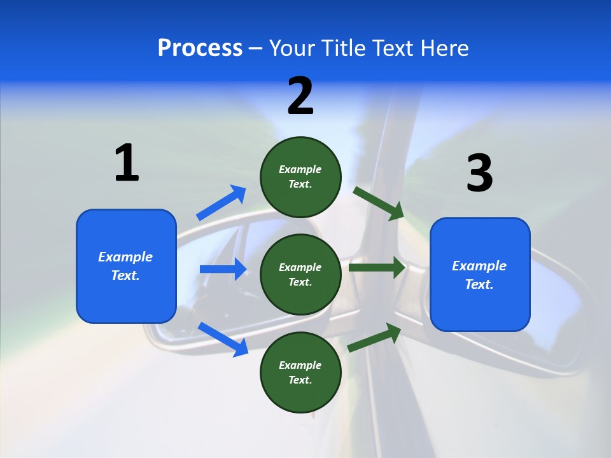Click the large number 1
127,163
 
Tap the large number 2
300,96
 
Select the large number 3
480,173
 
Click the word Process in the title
200,48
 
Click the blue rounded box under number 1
126,266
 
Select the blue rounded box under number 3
480,274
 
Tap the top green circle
300,176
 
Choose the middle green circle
300,274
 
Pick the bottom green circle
300,372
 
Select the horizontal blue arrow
223,269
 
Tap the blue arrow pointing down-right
223,339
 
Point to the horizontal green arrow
377,268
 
